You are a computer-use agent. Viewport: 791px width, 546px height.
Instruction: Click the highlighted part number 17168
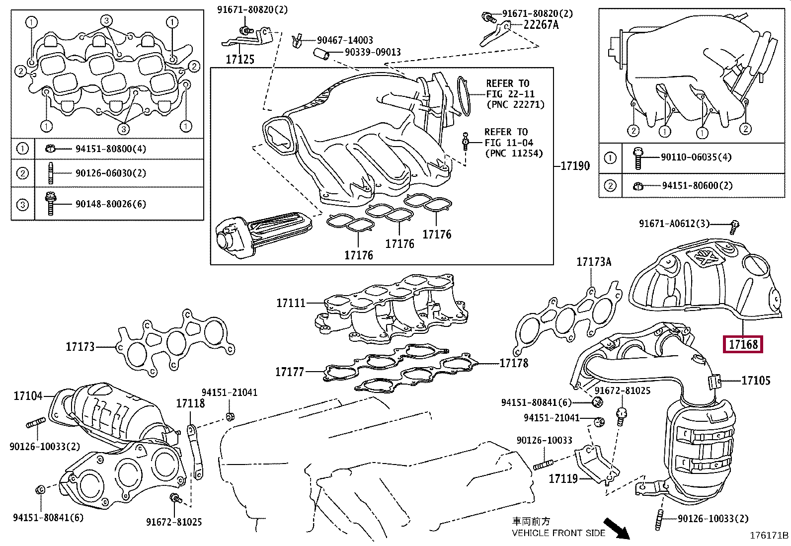(743, 344)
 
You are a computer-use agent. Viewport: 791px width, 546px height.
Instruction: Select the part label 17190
(575, 165)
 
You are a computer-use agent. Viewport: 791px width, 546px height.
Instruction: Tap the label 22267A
(541, 25)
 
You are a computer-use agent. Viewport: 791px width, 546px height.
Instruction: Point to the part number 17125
(240, 59)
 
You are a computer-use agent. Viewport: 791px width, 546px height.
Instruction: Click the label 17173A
(594, 262)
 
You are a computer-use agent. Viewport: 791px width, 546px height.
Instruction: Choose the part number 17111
(291, 303)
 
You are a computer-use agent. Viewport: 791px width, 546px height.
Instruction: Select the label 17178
(514, 363)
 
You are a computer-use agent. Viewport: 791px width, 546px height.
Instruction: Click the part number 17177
(290, 372)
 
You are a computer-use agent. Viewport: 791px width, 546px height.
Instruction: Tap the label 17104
(28, 396)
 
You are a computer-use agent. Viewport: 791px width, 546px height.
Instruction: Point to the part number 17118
(190, 403)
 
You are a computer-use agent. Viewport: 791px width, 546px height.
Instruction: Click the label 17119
(563, 479)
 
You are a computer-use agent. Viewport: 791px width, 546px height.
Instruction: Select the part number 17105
(756, 381)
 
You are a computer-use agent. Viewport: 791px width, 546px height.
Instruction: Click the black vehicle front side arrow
(616, 529)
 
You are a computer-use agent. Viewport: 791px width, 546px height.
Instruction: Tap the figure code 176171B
(769, 536)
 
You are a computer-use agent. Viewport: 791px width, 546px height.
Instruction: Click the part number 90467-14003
(345, 40)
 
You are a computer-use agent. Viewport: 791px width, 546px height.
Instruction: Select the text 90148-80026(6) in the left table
(110, 204)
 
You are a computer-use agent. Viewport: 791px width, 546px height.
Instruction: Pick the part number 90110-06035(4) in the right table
(696, 157)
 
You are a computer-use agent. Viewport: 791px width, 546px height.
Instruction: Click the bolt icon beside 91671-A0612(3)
(733, 227)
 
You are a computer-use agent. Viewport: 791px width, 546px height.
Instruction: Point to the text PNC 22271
(516, 105)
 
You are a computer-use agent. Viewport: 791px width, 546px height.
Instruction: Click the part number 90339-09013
(373, 52)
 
